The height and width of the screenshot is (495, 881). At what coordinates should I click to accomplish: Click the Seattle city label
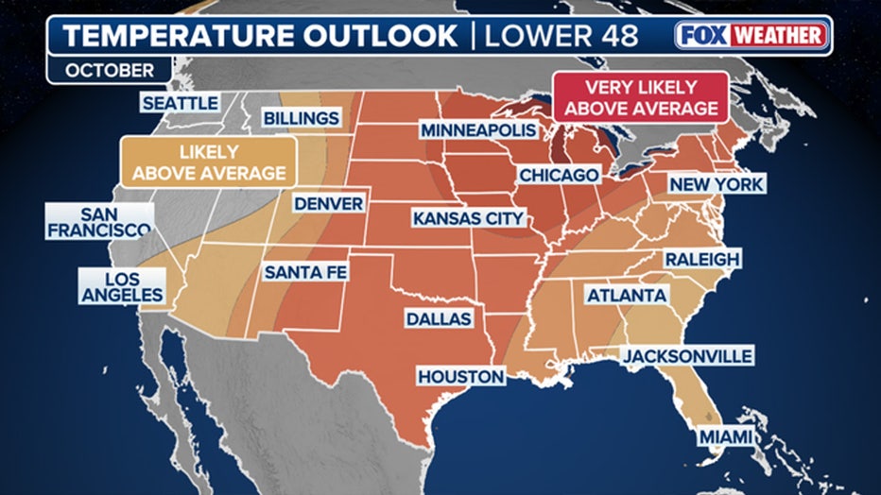click(180, 103)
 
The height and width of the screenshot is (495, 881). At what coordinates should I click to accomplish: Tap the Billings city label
click(301, 118)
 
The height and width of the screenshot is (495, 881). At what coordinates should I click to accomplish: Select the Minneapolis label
click(478, 129)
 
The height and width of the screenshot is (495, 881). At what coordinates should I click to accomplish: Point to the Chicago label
click(559, 175)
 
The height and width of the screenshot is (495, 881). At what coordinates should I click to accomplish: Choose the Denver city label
click(328, 203)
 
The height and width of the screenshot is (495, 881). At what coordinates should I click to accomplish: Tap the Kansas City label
click(468, 218)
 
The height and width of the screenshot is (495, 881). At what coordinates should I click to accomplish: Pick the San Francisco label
click(99, 222)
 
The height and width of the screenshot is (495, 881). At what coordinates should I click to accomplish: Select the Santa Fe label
click(305, 272)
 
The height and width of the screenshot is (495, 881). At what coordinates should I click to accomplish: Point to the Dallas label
click(439, 318)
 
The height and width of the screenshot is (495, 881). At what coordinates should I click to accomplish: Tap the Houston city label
click(461, 376)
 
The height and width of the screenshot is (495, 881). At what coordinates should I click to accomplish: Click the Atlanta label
click(627, 296)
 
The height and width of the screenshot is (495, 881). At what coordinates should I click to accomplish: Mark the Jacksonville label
click(686, 355)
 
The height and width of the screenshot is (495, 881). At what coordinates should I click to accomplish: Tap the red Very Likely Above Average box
click(640, 97)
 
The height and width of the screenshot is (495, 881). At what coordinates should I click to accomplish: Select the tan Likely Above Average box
click(209, 162)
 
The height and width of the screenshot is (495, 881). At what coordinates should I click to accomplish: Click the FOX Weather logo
click(751, 35)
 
